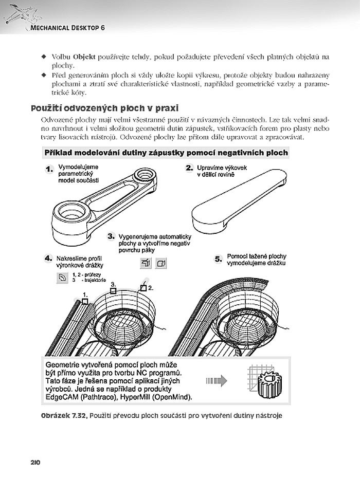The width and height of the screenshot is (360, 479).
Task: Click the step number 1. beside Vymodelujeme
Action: tap(49, 169)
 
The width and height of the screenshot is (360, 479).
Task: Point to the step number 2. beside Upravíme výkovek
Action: tap(189, 168)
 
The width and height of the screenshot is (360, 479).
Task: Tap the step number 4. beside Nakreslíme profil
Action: tap(49, 259)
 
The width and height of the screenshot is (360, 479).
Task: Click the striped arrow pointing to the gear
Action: tap(217, 381)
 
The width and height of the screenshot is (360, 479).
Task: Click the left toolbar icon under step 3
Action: tap(145, 264)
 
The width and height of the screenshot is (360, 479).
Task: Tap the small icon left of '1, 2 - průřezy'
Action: tap(62, 278)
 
